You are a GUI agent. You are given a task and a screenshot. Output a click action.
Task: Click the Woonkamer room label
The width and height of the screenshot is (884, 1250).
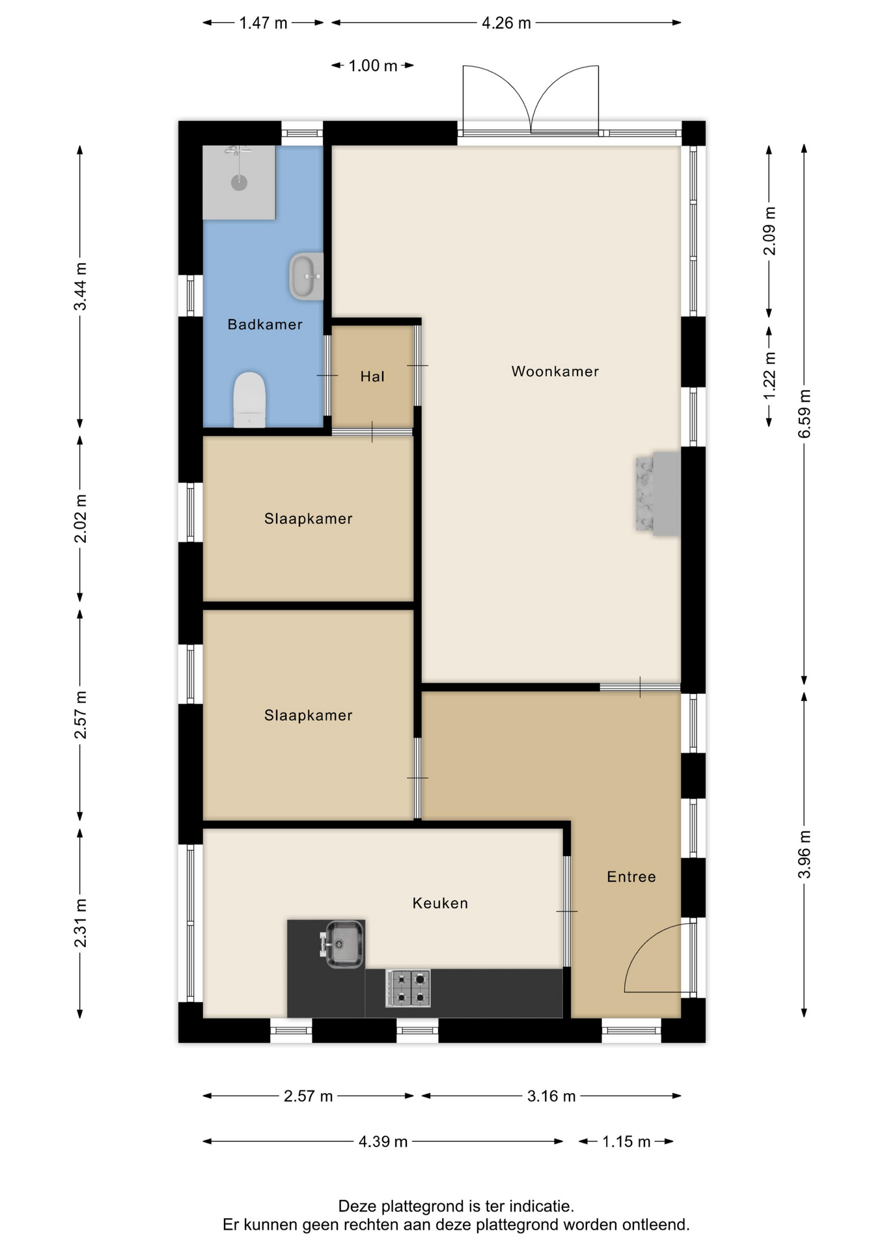tap(555, 371)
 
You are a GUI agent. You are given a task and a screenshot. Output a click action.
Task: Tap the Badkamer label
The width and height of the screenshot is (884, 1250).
tap(265, 324)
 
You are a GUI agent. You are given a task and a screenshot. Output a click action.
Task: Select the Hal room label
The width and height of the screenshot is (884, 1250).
tap(372, 376)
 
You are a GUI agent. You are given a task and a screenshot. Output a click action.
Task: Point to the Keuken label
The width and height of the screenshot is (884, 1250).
tap(440, 903)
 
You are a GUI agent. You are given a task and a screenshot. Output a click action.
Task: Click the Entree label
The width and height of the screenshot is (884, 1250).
tap(631, 877)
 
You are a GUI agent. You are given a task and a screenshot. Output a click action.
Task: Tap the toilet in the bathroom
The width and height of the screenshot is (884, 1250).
tap(249, 400)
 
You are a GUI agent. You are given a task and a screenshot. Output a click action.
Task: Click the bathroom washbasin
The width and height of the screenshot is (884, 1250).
tap(306, 276)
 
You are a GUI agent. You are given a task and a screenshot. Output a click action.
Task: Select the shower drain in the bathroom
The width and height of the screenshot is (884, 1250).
tap(239, 182)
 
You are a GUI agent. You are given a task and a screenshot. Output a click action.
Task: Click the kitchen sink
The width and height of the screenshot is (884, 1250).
tap(343, 944)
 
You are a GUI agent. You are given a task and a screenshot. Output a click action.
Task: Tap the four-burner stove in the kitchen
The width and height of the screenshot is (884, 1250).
tap(408, 988)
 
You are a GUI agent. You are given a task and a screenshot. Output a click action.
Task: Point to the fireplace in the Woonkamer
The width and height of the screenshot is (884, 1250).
tap(658, 493)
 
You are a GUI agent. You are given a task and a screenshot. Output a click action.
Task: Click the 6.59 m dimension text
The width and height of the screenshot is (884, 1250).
tap(805, 414)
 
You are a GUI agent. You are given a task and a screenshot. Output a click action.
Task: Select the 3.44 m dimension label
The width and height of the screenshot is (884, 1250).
tap(80, 287)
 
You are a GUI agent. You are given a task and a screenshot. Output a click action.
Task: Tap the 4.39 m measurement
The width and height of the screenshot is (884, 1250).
tap(383, 1141)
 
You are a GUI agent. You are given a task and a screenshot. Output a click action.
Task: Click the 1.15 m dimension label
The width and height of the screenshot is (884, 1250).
tap(626, 1141)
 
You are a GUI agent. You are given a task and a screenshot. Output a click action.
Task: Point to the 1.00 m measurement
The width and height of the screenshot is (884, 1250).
tap(373, 66)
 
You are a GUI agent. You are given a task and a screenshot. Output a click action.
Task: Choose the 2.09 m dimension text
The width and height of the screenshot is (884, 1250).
tap(769, 231)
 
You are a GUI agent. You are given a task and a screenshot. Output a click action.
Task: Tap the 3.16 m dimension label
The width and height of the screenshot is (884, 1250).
tap(551, 1096)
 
